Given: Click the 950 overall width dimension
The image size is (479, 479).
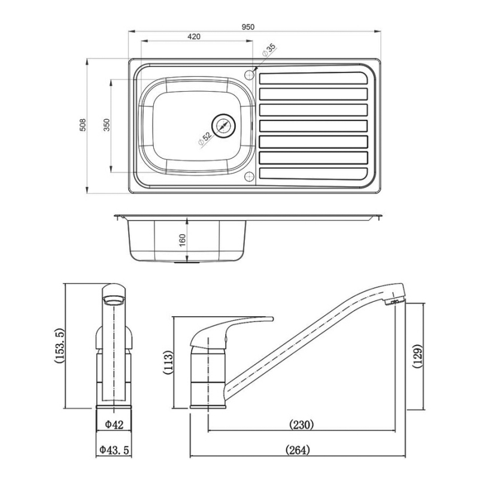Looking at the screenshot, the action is coord(248,27).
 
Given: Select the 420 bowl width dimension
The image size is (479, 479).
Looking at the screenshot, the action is coord(193,37).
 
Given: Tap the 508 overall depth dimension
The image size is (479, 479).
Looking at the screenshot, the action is coord(83,125).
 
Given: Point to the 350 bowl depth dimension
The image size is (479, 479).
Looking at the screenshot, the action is coord(107,125).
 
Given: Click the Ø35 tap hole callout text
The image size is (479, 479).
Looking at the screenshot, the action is coord(269,50).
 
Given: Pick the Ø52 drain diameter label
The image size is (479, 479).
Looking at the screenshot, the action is coord(204,139).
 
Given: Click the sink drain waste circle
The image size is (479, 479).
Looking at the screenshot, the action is coord(223,126).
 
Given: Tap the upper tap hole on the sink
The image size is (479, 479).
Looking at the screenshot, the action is coord(249,74).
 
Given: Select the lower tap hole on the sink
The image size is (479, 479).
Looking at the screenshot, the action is coord(249,176).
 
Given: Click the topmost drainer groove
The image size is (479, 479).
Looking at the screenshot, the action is coord(313,78).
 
